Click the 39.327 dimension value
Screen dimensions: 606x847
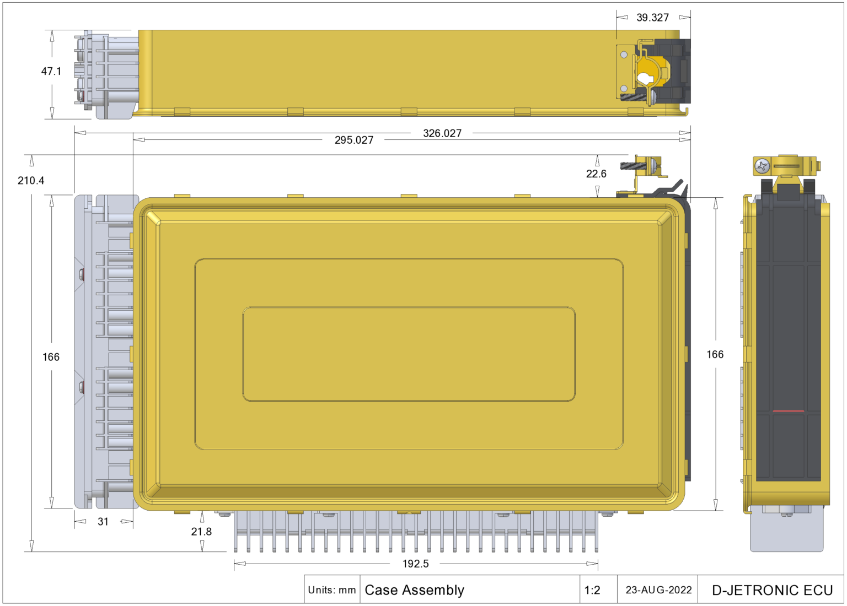(652, 18)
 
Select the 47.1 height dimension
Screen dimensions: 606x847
(51, 71)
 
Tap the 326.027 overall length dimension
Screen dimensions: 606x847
(442, 133)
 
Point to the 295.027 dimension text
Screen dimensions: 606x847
(354, 140)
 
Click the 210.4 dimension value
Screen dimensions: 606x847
(31, 181)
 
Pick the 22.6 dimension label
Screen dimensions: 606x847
(596, 174)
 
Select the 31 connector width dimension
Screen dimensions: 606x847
(103, 522)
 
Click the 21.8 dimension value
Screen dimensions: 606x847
(201, 532)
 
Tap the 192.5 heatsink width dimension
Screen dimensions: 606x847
(415, 564)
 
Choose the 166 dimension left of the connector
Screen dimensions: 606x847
(51, 357)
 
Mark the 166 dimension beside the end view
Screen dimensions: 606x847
(715, 354)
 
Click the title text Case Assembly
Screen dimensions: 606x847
(415, 590)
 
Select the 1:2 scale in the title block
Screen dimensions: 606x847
(592, 591)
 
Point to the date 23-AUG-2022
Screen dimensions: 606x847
(658, 590)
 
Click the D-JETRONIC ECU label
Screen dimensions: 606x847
(772, 590)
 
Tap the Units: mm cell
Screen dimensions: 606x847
(332, 590)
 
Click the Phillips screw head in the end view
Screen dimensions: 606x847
(762, 166)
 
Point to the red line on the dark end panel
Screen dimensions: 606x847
(788, 411)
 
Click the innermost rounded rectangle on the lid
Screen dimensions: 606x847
(409, 354)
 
